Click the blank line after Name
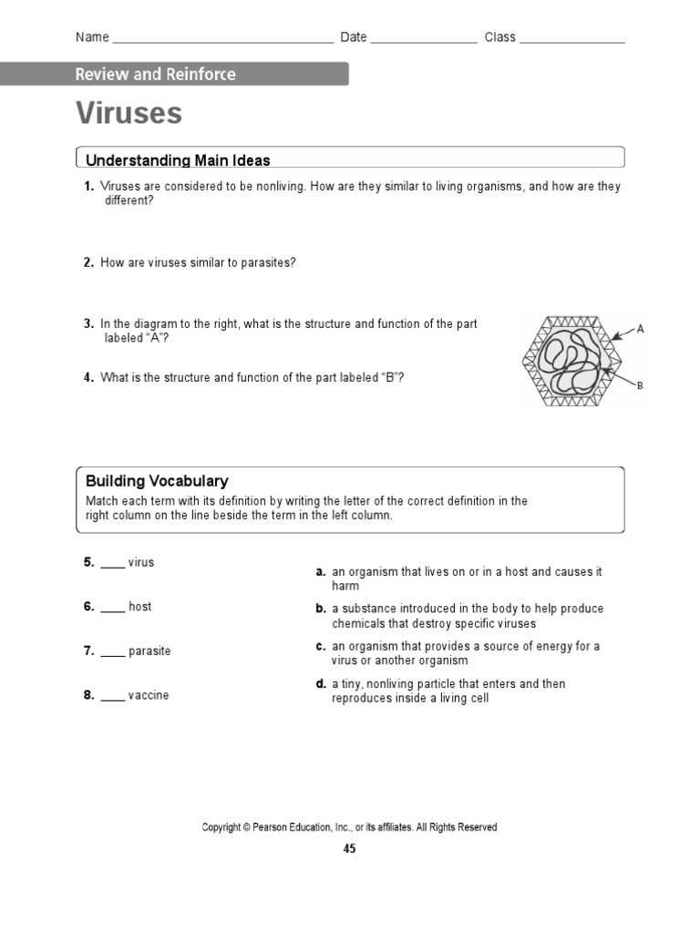pos(222,40)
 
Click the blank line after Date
pos(424,40)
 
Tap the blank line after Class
pos(572,40)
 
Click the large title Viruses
pos(129,114)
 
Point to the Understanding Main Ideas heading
pos(178,160)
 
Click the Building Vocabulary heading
pos(157,481)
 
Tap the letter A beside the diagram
pos(640,329)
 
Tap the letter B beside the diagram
pos(640,385)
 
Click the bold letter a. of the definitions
pos(321,572)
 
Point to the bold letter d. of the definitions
pos(321,684)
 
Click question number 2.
pos(88,262)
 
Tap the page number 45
pos(350,849)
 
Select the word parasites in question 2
pos(268,262)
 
